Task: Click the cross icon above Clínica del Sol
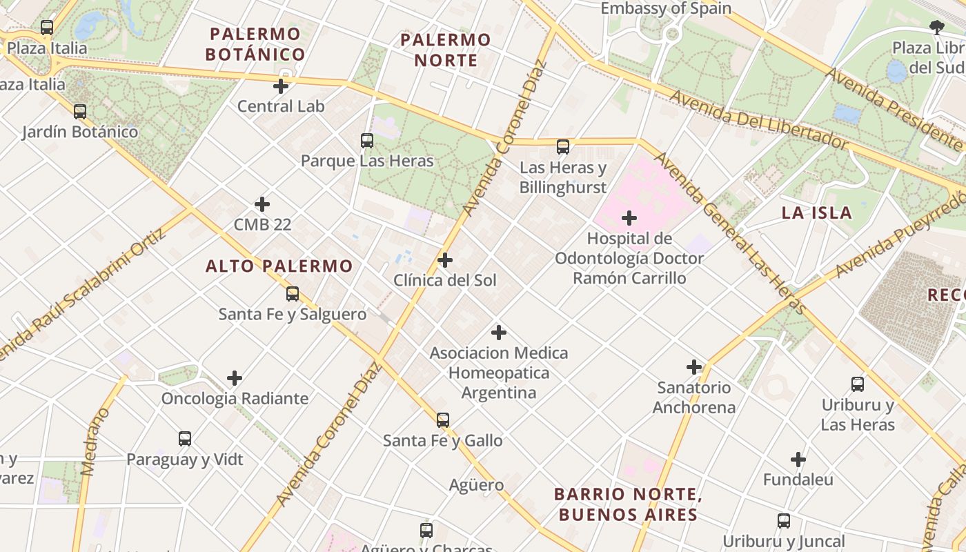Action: point(445,260)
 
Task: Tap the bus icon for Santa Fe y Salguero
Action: point(293,294)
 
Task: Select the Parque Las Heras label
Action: point(367,161)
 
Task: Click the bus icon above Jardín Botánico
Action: point(80,111)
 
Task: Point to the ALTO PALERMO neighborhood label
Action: point(279,266)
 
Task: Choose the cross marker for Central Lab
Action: point(280,86)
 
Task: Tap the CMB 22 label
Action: point(262,224)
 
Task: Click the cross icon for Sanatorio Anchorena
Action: point(694,367)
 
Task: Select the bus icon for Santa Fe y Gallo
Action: point(443,420)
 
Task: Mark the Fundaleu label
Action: point(798,480)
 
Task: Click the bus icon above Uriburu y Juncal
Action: point(784,521)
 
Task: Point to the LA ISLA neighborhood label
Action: point(817,213)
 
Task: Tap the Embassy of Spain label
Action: point(666,9)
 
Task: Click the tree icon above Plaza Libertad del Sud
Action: point(936,28)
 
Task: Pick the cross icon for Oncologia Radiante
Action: point(235,378)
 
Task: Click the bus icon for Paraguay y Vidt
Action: point(185,439)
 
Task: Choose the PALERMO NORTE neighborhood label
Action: point(446,50)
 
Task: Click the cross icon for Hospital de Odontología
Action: point(629,218)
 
